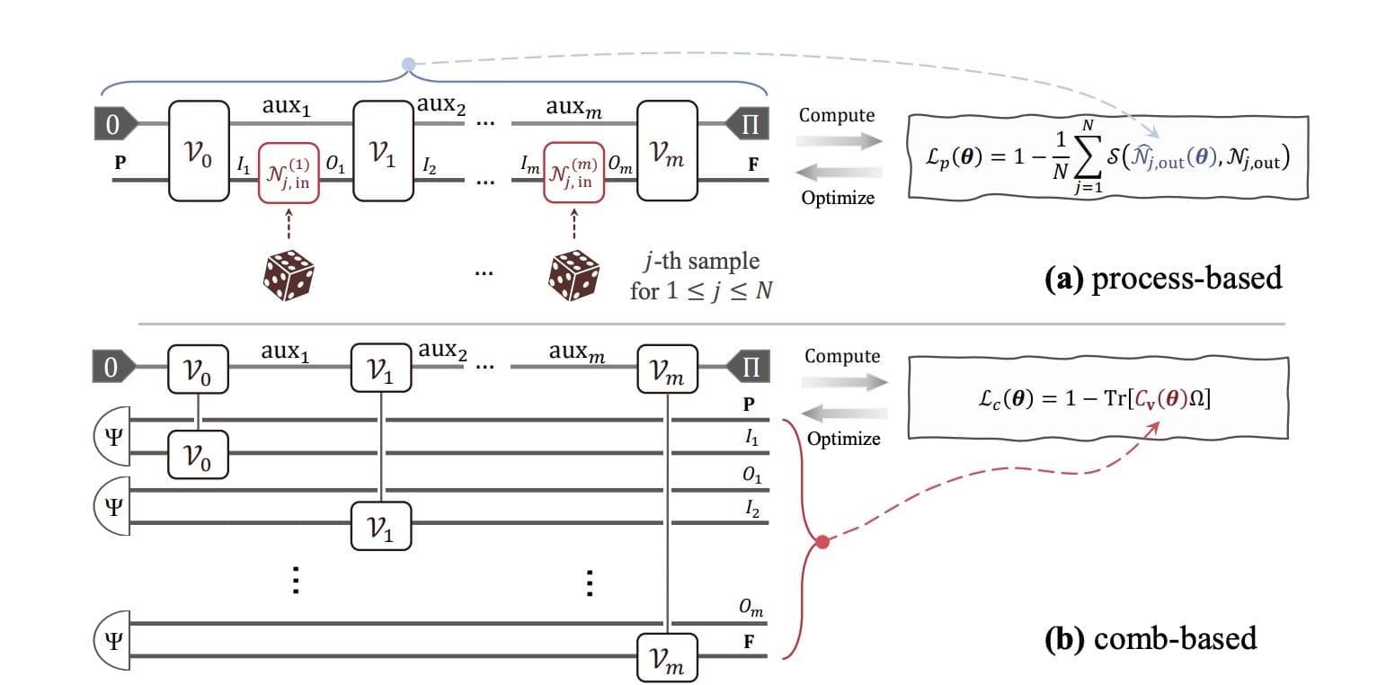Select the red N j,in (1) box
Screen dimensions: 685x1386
coord(288,172)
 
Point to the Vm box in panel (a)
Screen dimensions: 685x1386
coord(667,150)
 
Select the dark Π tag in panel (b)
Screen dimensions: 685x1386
coord(750,367)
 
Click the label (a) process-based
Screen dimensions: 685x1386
coord(1165,278)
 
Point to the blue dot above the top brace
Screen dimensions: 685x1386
coord(408,65)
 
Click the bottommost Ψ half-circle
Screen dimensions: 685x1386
coord(111,641)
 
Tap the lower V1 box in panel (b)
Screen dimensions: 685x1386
coord(381,528)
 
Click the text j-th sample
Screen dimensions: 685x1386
coord(695,262)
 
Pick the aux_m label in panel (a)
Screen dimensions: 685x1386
coord(574,108)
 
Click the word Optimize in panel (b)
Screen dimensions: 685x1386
coord(843,439)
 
